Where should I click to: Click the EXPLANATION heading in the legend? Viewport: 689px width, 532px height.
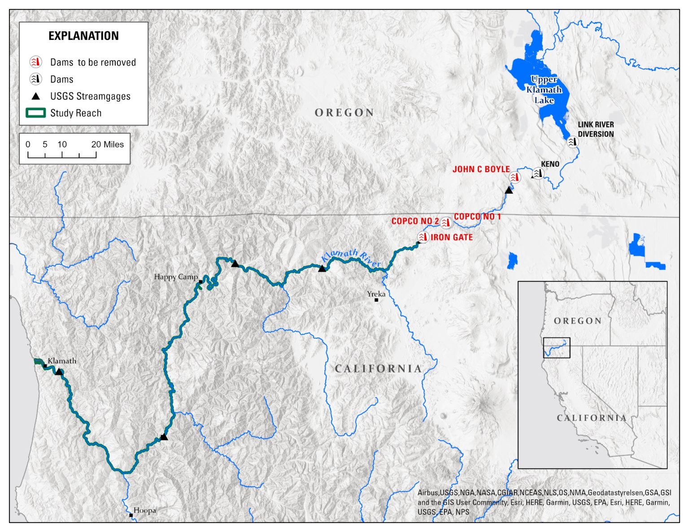click(83, 36)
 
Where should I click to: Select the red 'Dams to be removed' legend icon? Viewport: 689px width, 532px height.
click(36, 62)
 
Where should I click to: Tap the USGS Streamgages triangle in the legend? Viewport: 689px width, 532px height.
click(36, 96)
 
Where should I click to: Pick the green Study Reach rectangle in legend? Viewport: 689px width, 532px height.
click(36, 113)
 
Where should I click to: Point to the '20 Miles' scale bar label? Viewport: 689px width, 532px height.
click(108, 144)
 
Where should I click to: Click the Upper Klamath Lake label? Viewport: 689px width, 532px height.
click(544, 90)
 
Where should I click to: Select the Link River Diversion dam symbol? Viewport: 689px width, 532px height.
click(572, 142)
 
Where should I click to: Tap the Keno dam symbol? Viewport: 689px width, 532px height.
click(538, 173)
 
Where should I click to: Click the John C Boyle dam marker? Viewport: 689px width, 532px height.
click(515, 177)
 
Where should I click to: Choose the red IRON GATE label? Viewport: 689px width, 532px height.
click(452, 238)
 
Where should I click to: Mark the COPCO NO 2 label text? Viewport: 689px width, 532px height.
click(415, 221)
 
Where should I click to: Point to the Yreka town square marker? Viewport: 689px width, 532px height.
click(376, 300)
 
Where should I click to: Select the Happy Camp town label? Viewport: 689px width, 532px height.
click(176, 277)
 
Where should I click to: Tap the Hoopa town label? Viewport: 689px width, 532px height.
click(145, 510)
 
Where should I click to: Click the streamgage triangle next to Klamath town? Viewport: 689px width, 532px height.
click(59, 372)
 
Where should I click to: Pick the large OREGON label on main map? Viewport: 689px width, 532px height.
click(344, 112)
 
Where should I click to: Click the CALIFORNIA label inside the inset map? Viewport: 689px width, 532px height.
click(592, 418)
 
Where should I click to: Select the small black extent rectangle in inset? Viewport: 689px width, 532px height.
click(557, 348)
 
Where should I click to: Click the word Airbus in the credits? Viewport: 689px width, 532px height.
click(428, 493)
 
